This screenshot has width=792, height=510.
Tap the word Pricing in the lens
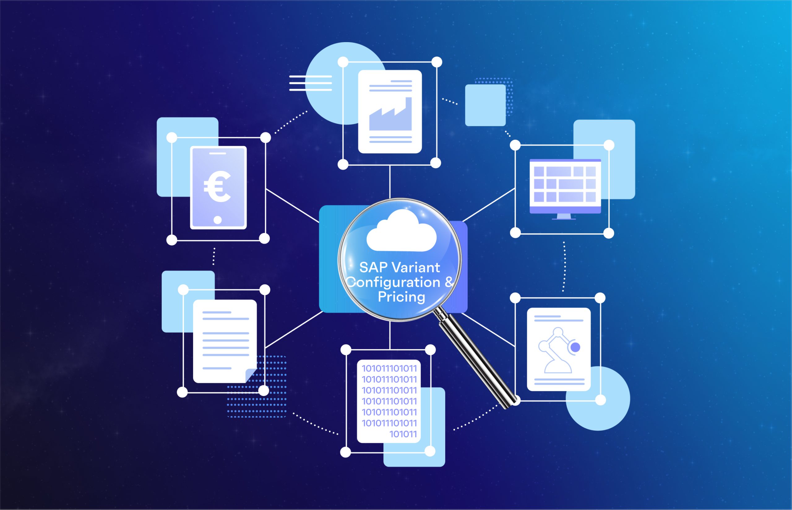(x=401, y=297)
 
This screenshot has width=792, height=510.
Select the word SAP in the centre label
(x=373, y=268)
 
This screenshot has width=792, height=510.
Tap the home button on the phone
(x=218, y=220)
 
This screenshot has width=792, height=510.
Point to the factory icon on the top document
(x=390, y=114)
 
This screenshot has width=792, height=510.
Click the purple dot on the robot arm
(x=575, y=347)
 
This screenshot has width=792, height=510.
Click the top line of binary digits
(x=389, y=368)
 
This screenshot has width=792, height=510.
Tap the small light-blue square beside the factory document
(x=485, y=105)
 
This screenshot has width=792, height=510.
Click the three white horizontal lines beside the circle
(x=310, y=83)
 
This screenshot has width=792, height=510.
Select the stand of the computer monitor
(x=564, y=216)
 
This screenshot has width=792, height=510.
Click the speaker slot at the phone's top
(x=218, y=153)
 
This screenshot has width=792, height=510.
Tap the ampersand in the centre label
(x=449, y=282)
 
